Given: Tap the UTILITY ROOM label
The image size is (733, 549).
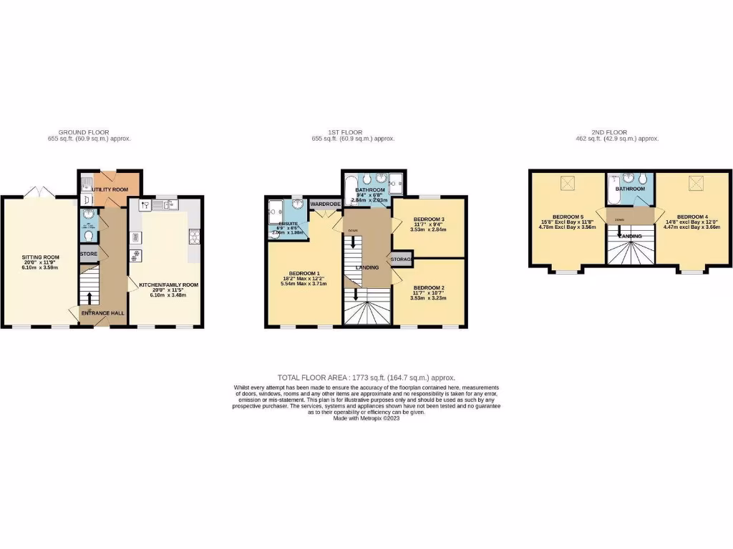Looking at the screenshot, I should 111,189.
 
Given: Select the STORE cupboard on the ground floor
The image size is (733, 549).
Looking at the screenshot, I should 88,254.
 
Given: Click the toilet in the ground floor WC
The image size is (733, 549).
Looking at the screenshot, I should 88,234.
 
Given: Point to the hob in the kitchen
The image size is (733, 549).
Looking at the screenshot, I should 193,235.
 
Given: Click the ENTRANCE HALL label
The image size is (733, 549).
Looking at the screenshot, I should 102,312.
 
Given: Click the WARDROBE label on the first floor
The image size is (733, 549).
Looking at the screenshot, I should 324,204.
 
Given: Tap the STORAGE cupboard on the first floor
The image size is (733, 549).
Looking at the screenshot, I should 402,258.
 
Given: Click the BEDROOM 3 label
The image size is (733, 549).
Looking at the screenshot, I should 429,219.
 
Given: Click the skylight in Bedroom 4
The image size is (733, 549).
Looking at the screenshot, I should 695,184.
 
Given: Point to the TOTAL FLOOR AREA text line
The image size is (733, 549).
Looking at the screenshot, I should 366,377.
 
